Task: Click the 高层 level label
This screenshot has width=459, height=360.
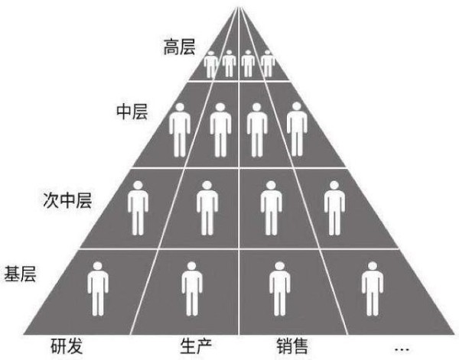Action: click(x=179, y=47)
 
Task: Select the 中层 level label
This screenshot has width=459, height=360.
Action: click(x=132, y=111)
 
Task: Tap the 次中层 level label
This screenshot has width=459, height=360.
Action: click(x=67, y=200)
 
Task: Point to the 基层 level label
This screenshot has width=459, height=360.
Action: click(x=20, y=274)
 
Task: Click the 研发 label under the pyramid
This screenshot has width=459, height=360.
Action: click(x=67, y=346)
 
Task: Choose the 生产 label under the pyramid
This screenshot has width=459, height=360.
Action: click(x=196, y=346)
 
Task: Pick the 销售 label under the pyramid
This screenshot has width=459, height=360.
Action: click(x=292, y=346)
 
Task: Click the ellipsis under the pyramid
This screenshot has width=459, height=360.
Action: click(x=402, y=349)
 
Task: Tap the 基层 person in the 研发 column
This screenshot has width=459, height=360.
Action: click(x=98, y=289)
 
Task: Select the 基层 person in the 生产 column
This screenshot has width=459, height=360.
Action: click(x=192, y=289)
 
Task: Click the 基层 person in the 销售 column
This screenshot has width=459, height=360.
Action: click(x=280, y=289)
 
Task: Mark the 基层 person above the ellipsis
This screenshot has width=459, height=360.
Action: click(x=373, y=289)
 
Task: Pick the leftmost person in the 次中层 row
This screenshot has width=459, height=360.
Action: click(x=138, y=208)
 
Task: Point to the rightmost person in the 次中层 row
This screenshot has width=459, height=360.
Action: click(x=334, y=208)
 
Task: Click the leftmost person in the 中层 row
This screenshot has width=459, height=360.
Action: click(x=180, y=130)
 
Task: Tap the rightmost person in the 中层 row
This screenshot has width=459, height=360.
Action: click(x=297, y=129)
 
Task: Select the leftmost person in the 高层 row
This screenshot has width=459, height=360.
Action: click(x=211, y=64)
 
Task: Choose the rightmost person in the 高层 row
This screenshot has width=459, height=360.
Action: click(x=268, y=63)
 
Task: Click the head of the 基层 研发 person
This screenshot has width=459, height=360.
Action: click(x=97, y=265)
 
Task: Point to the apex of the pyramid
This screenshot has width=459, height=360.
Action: click(x=239, y=6)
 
